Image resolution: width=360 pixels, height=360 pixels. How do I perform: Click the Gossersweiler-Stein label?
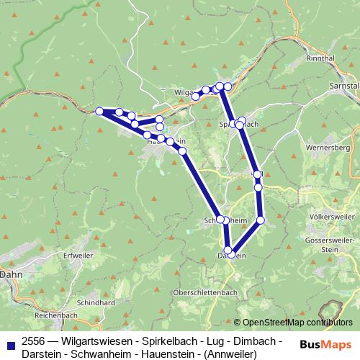tap(329, 242)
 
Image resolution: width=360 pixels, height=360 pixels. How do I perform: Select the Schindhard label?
tap(96, 304)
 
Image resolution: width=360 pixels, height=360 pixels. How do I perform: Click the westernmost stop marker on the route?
tap(100, 111)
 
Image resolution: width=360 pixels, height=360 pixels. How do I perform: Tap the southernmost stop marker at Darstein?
tap(228, 250)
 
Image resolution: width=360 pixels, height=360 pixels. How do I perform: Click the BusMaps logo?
tap(326, 345)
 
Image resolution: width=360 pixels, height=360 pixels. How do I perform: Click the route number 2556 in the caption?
tap(32, 340)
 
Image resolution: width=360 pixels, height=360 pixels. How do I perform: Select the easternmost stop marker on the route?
tap(261, 220)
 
